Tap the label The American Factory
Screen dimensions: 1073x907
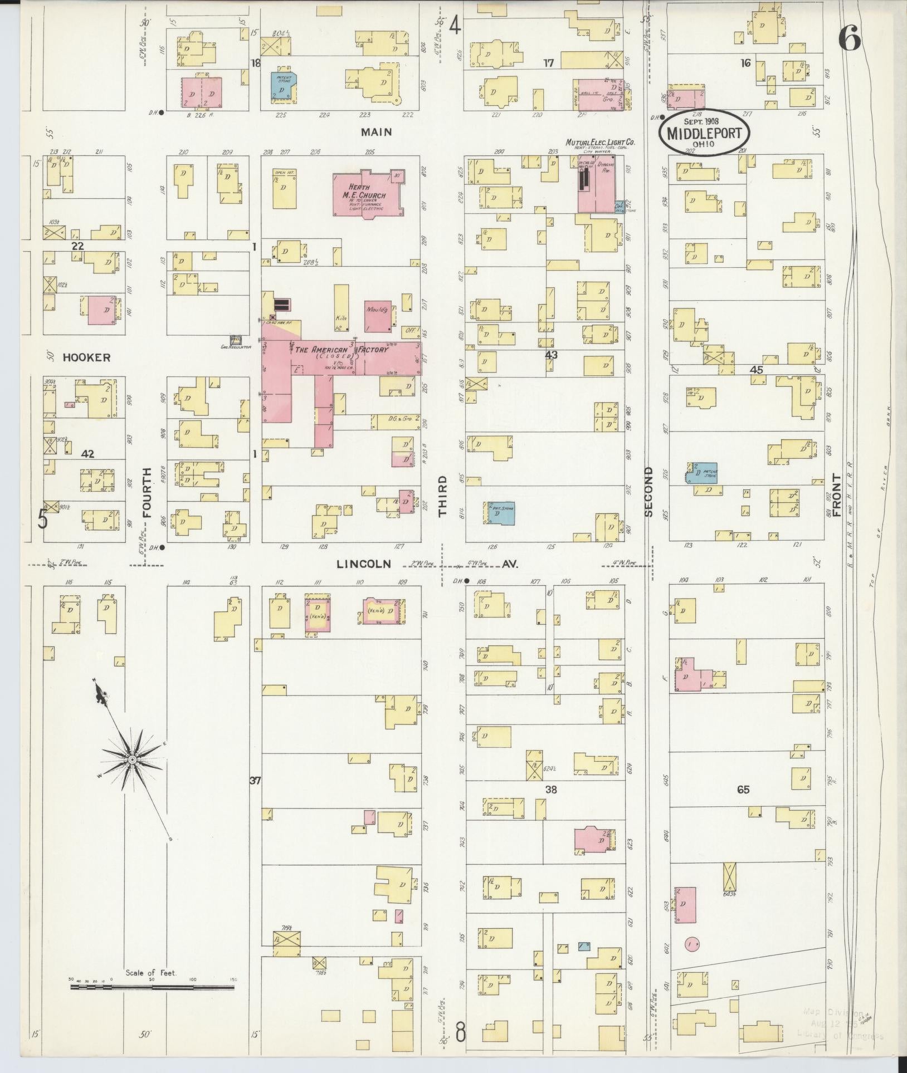click(340, 350)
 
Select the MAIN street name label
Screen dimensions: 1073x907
click(376, 132)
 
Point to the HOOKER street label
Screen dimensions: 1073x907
click(86, 357)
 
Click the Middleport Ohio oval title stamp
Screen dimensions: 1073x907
click(704, 132)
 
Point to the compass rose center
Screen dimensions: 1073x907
click(132, 760)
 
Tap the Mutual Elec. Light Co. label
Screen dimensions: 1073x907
click(599, 143)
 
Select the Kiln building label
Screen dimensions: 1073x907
click(340, 318)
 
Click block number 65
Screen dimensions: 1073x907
click(743, 790)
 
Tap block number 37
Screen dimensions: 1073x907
click(255, 781)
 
